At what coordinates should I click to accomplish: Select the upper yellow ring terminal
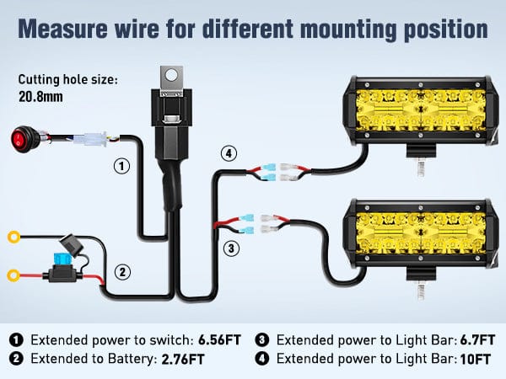click(x=13, y=237)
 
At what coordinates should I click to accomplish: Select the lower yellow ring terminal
click(x=13, y=275)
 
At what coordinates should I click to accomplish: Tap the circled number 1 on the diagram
click(x=122, y=166)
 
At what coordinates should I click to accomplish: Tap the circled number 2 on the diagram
click(x=122, y=272)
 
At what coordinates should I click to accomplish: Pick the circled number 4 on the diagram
click(x=229, y=154)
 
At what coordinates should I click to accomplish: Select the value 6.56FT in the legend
click(x=220, y=340)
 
